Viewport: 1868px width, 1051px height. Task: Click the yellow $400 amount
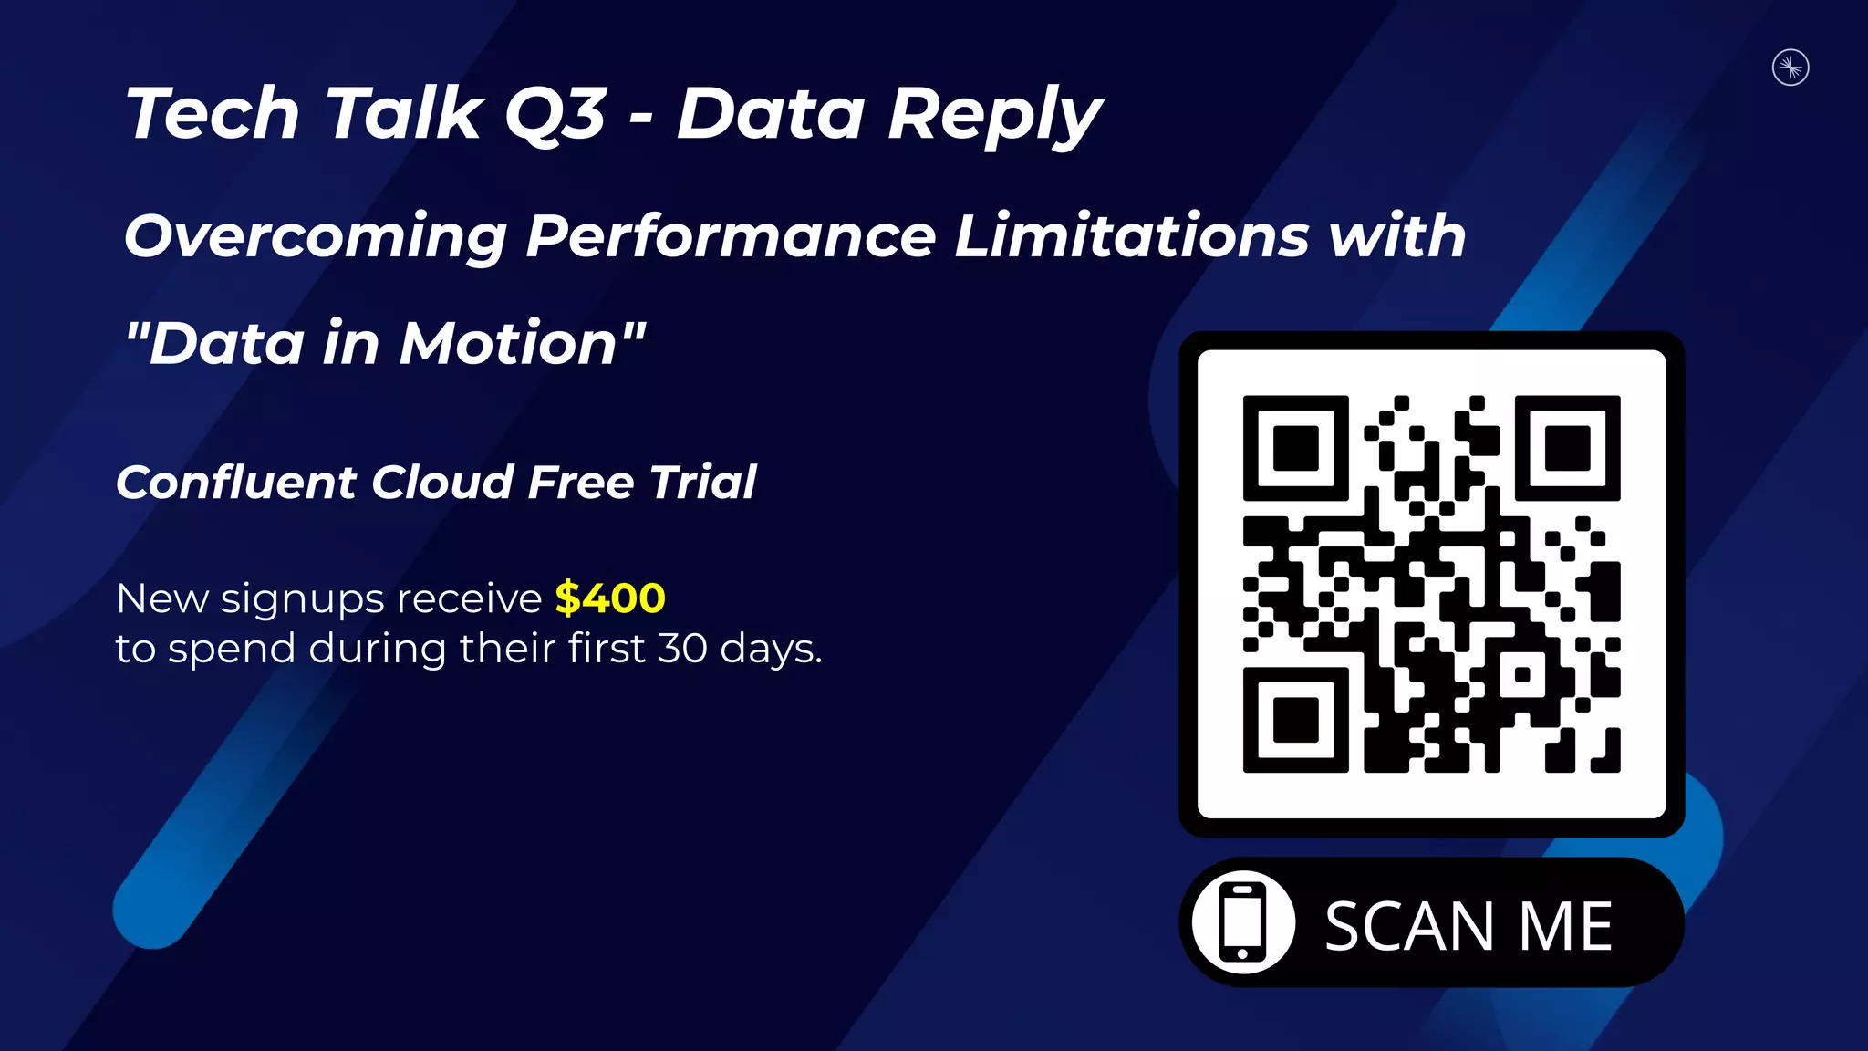(610, 598)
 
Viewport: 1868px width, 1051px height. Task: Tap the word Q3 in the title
(555, 115)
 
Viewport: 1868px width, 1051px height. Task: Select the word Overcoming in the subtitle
(316, 237)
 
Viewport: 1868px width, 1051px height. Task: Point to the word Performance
(731, 237)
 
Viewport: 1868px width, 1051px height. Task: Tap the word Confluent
(236, 482)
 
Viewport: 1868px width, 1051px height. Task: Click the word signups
(303, 600)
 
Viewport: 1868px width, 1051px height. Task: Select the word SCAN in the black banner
(1409, 927)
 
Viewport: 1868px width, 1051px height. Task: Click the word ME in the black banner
(1565, 927)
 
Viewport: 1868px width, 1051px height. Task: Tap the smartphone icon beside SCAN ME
(1243, 922)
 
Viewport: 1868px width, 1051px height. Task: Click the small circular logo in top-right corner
(1790, 68)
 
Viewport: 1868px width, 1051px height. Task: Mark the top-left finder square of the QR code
(1295, 448)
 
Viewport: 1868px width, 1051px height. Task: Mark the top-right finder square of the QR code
(1567, 448)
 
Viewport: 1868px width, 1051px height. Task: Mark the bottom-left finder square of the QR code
(1295, 720)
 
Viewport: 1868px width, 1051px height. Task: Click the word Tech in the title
(213, 115)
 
